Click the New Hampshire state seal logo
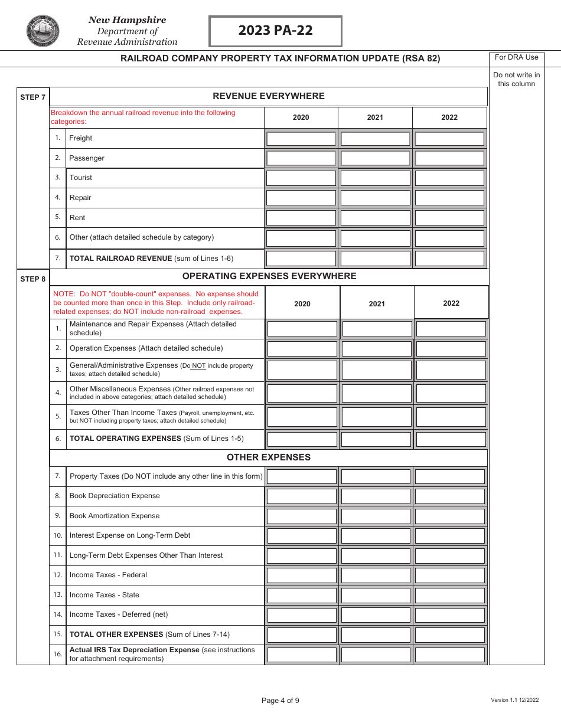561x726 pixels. [43, 31]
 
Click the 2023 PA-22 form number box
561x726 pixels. [275, 31]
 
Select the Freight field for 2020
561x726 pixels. [301, 139]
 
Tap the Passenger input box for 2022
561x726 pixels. [449, 158]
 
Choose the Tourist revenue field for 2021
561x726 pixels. [375, 178]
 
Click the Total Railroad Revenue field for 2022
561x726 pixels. [449, 259]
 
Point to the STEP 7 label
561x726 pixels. [33, 97]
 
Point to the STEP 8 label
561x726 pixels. [33, 279]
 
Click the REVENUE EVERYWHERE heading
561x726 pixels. [269, 96]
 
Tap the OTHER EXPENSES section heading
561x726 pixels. [269, 457]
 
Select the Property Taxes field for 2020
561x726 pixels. [302, 476]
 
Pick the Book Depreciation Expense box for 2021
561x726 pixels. [376, 496]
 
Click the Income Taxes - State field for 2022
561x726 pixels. [450, 595]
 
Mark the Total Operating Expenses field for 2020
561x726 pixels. [302, 439]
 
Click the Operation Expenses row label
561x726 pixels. [146, 348]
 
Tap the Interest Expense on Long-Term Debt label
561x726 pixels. [130, 535]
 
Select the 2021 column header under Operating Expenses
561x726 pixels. [377, 304]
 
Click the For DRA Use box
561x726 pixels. [517, 58]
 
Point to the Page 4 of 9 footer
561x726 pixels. [280, 701]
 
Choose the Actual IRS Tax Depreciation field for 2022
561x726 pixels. [450, 655]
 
